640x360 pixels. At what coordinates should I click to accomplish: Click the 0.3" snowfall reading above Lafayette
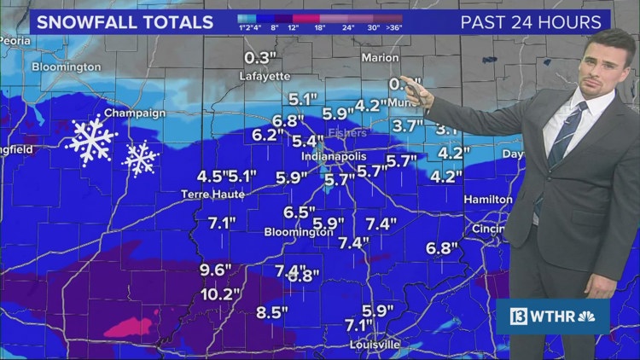click(262, 58)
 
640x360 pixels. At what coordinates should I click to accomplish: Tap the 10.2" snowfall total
click(220, 294)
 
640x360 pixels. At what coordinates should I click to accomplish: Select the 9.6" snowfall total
click(216, 270)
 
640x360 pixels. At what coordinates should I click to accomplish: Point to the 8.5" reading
click(272, 312)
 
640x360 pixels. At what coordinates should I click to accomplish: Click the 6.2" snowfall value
click(268, 135)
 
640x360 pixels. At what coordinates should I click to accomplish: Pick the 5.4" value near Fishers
click(308, 141)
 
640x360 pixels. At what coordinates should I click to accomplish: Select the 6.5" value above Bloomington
click(300, 212)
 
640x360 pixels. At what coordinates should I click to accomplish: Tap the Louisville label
click(374, 345)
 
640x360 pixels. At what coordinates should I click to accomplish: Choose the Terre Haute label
click(212, 195)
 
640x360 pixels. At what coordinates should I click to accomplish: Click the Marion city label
click(380, 58)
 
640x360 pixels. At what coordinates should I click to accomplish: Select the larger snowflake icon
click(91, 141)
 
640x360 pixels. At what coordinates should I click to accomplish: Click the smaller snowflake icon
click(141, 159)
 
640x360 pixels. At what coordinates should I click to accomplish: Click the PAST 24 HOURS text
click(531, 22)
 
